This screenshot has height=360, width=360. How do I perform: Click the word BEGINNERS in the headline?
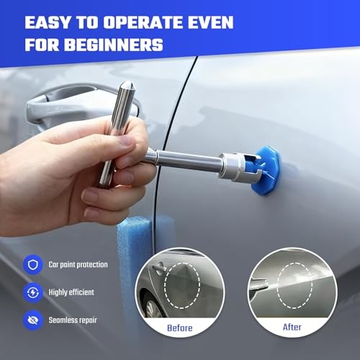click(114, 45)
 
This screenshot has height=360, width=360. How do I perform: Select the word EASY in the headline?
click(48, 22)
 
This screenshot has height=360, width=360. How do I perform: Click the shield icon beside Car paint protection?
click(33, 264)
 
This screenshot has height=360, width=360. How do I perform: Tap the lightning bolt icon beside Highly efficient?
click(33, 292)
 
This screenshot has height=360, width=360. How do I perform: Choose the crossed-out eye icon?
click(33, 320)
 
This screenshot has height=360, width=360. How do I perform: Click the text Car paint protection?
click(78, 264)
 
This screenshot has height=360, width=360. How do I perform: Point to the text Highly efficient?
click(71, 292)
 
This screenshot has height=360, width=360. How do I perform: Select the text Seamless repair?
click(73, 320)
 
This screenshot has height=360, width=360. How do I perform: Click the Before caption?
click(180, 328)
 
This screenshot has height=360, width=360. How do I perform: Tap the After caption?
click(292, 327)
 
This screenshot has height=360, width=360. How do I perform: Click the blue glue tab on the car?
click(267, 170)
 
